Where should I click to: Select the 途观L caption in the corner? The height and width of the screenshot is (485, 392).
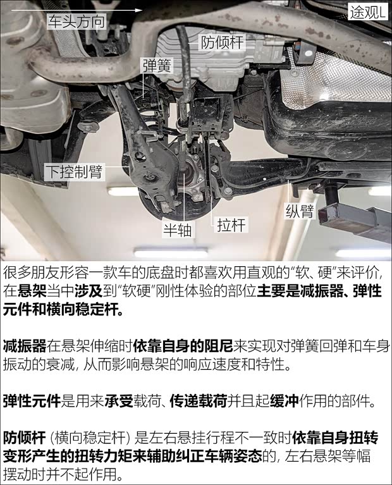click(x=367, y=11)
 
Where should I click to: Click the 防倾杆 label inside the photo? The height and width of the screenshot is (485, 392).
click(x=223, y=42)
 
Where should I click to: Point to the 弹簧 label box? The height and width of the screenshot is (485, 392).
click(x=156, y=65)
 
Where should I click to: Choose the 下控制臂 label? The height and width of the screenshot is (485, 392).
click(x=73, y=170)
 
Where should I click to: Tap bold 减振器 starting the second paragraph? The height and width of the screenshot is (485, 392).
click(x=25, y=346)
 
